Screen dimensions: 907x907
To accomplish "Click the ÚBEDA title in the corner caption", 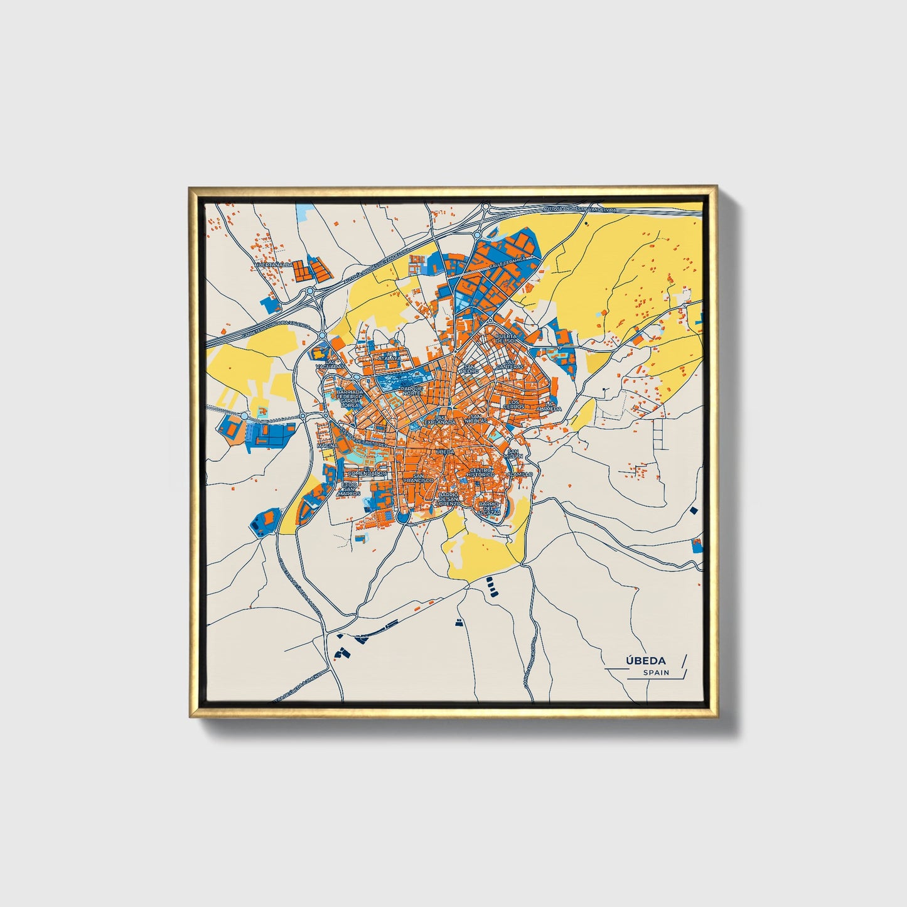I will pos(645,660).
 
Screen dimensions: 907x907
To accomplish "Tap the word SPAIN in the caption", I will pos(656,672).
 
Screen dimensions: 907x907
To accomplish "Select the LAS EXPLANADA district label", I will pos(441,419).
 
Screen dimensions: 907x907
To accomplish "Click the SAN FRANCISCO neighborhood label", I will pos(419,477).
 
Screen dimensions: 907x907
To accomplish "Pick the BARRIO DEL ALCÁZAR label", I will pos(490,508).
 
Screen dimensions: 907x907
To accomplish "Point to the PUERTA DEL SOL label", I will pos(506,339).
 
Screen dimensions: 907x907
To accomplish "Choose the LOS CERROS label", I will pos(513,404).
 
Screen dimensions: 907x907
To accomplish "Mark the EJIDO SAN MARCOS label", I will pos(349,489).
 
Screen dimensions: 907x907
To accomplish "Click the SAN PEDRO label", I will pos(470,368).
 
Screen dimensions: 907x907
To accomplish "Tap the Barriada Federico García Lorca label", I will pos(350,398).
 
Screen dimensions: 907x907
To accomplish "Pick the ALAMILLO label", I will pos(520,474).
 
